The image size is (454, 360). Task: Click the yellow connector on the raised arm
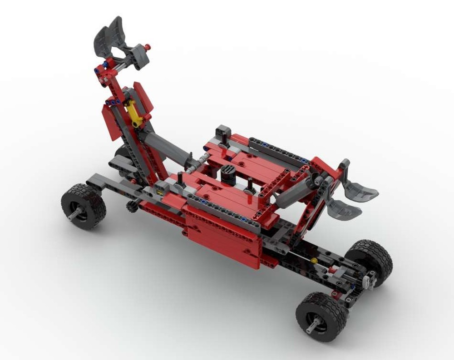click(x=134, y=113)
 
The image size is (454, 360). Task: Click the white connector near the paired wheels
click(x=370, y=280)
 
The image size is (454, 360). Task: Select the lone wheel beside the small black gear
click(x=84, y=206)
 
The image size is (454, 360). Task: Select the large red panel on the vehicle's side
click(x=222, y=236)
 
